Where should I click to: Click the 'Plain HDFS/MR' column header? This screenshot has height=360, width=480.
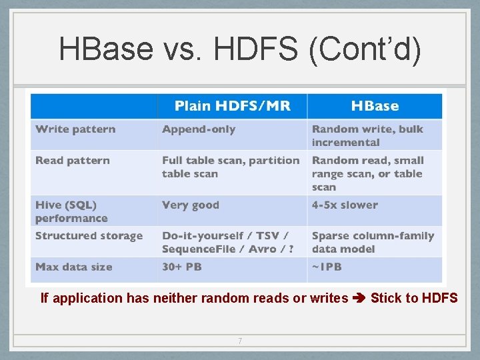point(232,106)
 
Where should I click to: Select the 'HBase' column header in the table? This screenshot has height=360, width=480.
point(375,106)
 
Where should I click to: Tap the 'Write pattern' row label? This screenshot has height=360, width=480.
point(75,129)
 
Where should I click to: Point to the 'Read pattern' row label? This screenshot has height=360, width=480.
point(72,161)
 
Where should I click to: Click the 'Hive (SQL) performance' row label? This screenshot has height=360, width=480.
point(71,211)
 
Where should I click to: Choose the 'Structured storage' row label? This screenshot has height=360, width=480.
point(89,236)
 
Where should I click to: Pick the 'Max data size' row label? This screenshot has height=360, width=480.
point(73,267)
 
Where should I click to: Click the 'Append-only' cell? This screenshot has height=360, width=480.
point(199,129)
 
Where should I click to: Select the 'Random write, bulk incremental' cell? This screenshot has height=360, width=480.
point(367,135)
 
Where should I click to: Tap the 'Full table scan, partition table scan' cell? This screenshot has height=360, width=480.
point(231,167)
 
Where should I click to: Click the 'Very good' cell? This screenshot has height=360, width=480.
point(190,205)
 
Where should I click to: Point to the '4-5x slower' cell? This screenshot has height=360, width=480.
point(345,205)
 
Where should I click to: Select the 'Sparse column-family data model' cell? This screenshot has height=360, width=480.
point(372,242)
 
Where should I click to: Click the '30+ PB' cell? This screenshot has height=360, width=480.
point(181,267)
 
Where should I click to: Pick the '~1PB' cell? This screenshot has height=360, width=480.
point(327,267)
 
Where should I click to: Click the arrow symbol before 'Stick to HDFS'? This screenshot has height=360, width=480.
point(359,298)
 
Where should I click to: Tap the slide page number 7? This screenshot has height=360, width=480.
point(240,341)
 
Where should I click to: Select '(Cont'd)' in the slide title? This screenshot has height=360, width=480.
point(365,50)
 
